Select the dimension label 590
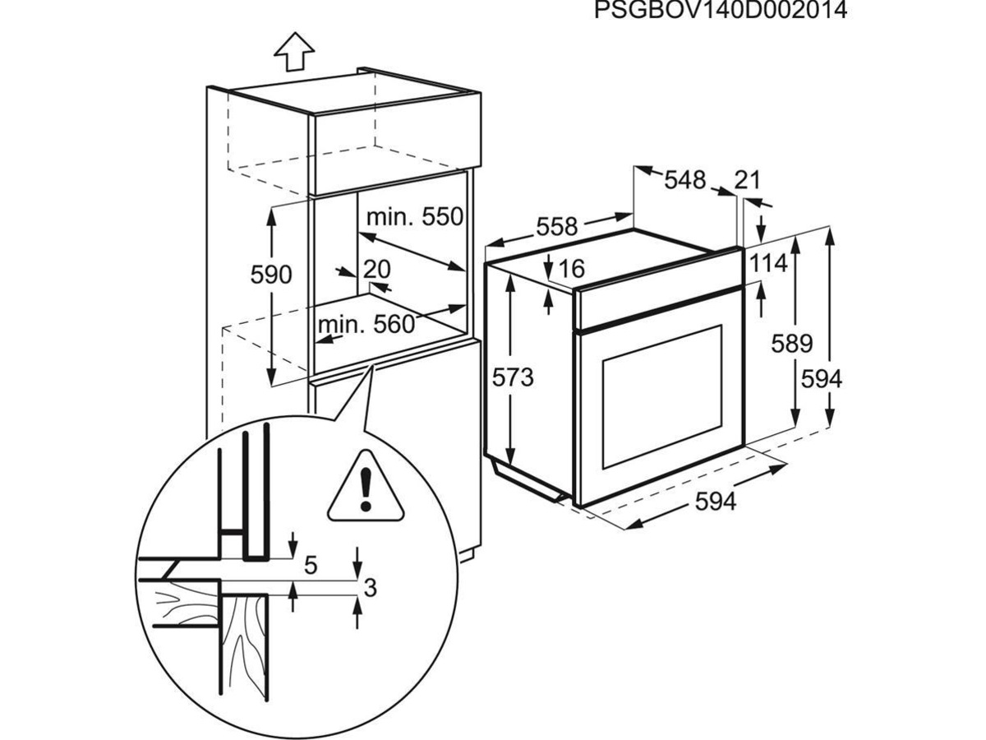tap(271, 275)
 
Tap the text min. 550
tap(415, 217)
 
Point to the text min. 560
tap(366, 325)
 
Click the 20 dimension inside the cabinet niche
tap(376, 269)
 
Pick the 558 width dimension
tap(559, 226)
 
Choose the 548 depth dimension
tap(684, 179)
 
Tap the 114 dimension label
tap(768, 264)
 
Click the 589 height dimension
tap(791, 344)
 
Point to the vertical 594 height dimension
tap(822, 378)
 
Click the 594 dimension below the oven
tap(716, 502)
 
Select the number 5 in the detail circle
tap(311, 566)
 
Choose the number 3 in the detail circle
tap(370, 588)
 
